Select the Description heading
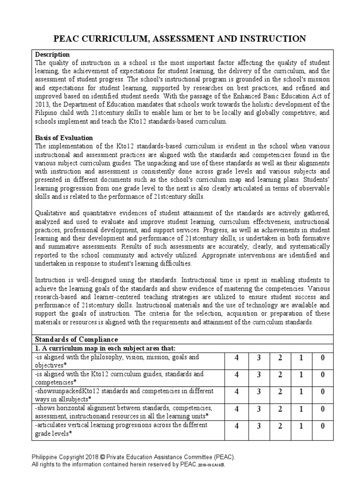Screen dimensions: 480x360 coord(52,55)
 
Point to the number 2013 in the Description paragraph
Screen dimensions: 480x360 coord(44,104)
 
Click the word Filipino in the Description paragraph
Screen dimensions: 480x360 coord(47,112)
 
